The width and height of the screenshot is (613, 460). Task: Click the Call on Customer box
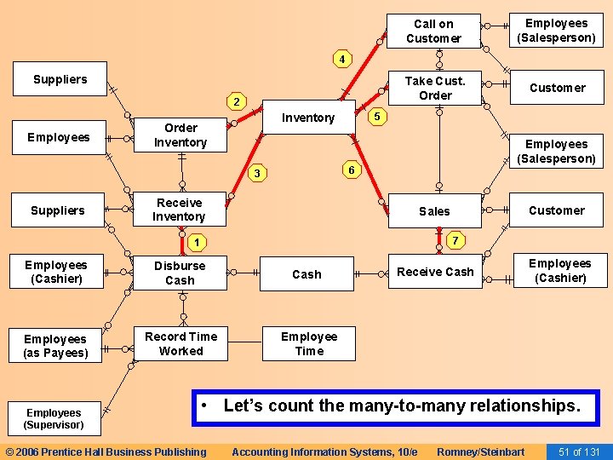(x=433, y=32)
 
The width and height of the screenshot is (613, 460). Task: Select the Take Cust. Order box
(x=435, y=88)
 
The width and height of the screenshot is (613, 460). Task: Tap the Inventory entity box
(x=308, y=118)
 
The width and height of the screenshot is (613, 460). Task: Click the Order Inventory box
(x=180, y=135)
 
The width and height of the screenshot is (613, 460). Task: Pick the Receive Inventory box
(x=179, y=210)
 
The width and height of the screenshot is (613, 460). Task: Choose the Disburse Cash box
(x=180, y=273)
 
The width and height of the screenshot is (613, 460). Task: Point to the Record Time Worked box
(x=180, y=343)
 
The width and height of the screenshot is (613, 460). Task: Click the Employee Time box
(x=309, y=343)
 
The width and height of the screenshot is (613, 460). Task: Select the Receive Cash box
(x=435, y=272)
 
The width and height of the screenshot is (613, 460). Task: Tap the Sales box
(x=434, y=210)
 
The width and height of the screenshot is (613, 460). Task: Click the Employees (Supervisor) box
(x=54, y=418)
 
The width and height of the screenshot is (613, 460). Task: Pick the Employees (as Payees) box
(x=55, y=346)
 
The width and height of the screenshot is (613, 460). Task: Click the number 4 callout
(x=341, y=60)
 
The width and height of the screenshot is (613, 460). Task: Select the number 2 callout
(x=238, y=102)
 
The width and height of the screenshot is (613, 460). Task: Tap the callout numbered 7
(x=455, y=241)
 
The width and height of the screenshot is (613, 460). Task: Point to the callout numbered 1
(x=197, y=244)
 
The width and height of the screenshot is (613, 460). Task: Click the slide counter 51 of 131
(x=579, y=451)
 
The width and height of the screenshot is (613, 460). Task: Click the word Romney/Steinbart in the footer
(x=480, y=451)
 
